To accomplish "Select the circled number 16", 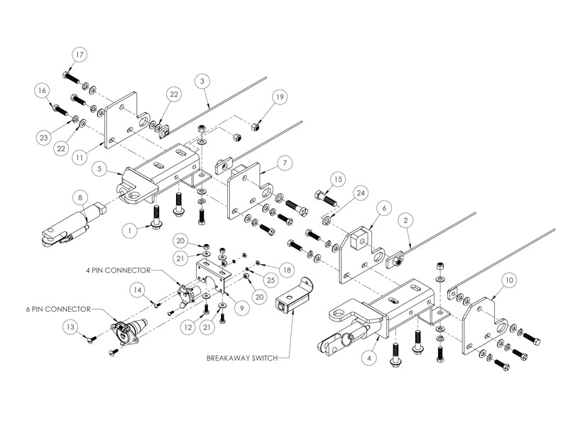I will click(43, 90).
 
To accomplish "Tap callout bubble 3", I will click(203, 82).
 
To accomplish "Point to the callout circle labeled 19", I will click(280, 97).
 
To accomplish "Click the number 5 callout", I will click(99, 169).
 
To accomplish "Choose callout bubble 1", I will click(129, 231).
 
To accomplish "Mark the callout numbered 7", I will click(283, 163).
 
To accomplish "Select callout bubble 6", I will click(384, 208).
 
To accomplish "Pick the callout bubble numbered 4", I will click(368, 359).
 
